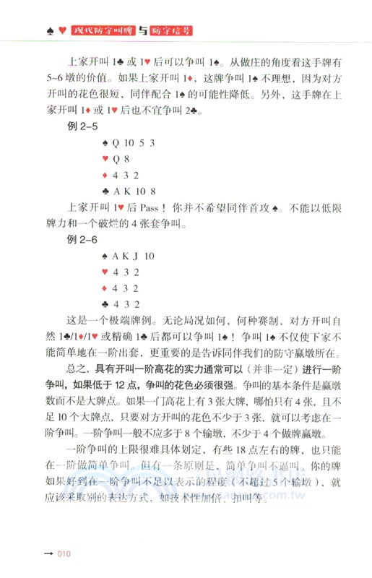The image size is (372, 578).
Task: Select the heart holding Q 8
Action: (120, 158)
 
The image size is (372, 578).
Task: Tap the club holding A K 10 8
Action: (134, 191)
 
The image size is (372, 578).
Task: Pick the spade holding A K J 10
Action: (134, 255)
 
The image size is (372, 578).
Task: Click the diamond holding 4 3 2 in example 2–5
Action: (121, 175)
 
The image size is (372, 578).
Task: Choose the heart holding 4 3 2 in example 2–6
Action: (121, 272)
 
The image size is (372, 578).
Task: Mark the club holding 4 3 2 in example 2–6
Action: (121, 303)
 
